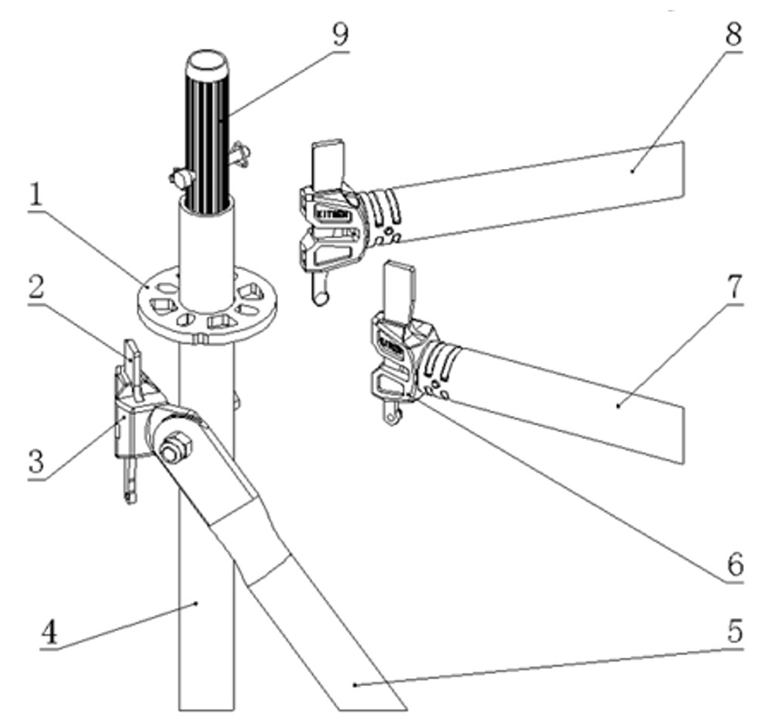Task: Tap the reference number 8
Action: [733, 34]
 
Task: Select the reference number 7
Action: [733, 287]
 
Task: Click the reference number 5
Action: [733, 632]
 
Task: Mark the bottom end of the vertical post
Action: [206, 709]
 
